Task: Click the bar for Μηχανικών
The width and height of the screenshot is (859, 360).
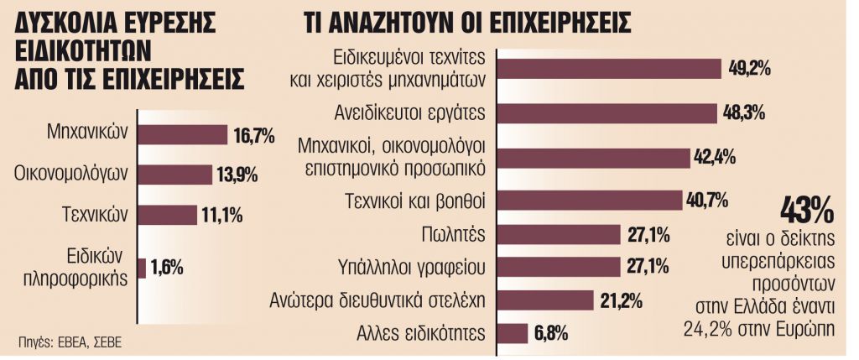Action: pyautogui.click(x=182, y=134)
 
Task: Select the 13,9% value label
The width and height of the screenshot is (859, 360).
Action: pyautogui.click(x=237, y=175)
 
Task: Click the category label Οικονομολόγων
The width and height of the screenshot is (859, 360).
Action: pyautogui.click(x=70, y=175)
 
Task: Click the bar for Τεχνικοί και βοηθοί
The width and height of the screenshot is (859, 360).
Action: pyautogui.click(x=590, y=200)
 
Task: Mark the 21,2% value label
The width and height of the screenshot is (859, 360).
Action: pyautogui.click(x=622, y=300)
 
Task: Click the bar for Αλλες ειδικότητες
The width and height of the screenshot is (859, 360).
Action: pyautogui.click(x=513, y=331)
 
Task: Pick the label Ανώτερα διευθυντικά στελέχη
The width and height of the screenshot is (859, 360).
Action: pyautogui.click(x=377, y=300)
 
